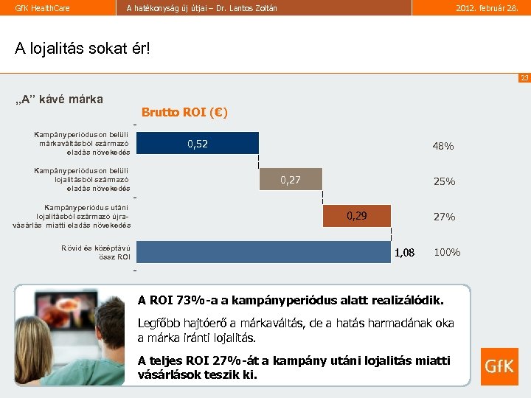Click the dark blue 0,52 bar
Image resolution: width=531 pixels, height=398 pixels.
pos(197,143)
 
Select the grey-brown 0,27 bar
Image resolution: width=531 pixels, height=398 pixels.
pos(291,179)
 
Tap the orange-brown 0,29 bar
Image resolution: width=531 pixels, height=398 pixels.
pos(357,215)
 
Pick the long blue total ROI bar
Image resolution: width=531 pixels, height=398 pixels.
pos(263,251)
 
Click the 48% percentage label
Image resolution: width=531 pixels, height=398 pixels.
pos(443,146)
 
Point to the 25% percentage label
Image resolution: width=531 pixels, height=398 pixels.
pos(444,181)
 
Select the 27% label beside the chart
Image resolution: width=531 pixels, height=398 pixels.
pos(444,217)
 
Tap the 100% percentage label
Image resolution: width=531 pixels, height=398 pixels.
pos(447,252)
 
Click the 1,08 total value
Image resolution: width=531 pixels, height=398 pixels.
pos(404,253)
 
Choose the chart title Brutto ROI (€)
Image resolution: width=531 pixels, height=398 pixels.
pos(184,113)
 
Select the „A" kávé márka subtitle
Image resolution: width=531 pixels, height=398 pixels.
pos(59,99)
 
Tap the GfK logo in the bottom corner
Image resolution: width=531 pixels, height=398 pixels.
pos(499,366)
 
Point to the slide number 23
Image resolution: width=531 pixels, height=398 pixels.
pos(524,77)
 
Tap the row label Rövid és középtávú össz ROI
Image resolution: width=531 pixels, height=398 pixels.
pos(96,252)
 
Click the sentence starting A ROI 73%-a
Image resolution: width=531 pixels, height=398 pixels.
pos(291,300)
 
